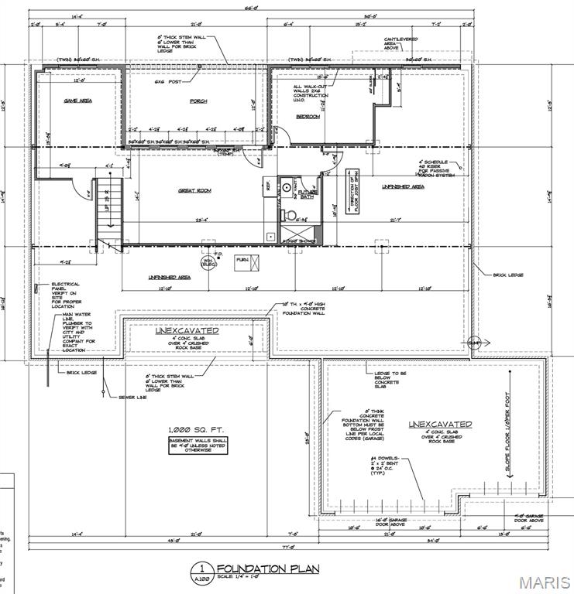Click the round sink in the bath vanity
[285, 186]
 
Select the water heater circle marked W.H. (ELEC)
[208, 262]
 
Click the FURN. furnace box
[242, 261]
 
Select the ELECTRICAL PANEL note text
[64, 295]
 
